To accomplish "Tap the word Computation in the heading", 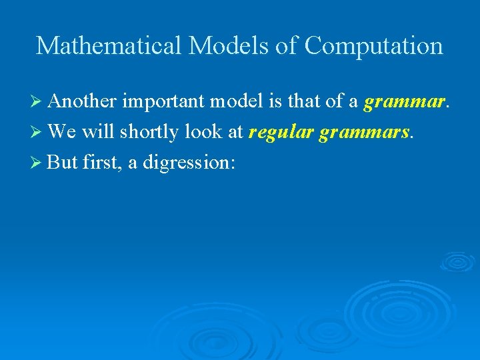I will pos(373,46).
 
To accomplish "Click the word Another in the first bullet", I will pos(83,101).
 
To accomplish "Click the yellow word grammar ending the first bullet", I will pos(404,101).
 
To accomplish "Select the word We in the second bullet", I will pos(63,132).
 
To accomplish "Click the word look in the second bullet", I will pos(205,132).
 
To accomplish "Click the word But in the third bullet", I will pos(63,163).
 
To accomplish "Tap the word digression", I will pos(188,163).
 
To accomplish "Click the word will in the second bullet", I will pos(99,132).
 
